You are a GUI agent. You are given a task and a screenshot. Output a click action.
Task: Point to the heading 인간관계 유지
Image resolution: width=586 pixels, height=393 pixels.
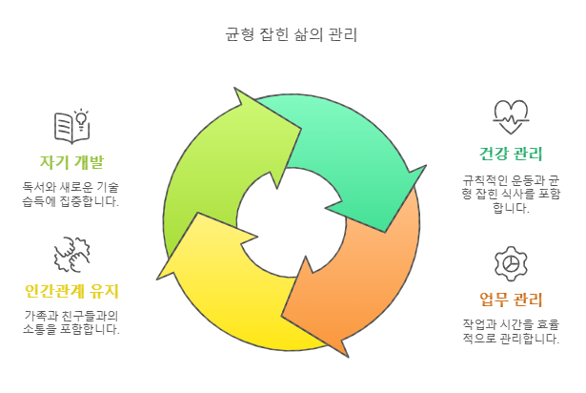pos(72,290)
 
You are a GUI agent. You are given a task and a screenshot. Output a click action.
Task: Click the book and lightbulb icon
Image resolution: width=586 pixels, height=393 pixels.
pos(71,125)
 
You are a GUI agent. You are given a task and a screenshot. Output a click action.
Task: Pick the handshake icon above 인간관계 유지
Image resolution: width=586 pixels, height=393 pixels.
pos(71,255)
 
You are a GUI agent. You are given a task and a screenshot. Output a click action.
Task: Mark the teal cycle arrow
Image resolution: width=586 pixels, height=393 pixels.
pos(353,143)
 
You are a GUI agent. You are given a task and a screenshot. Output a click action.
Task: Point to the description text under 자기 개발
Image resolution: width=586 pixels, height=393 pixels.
pos(72,194)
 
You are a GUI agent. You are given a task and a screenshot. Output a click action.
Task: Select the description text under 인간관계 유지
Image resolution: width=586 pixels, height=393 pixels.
pos(72,322)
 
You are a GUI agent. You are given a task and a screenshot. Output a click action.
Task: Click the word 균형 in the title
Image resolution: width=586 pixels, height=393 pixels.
pos(234,35)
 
